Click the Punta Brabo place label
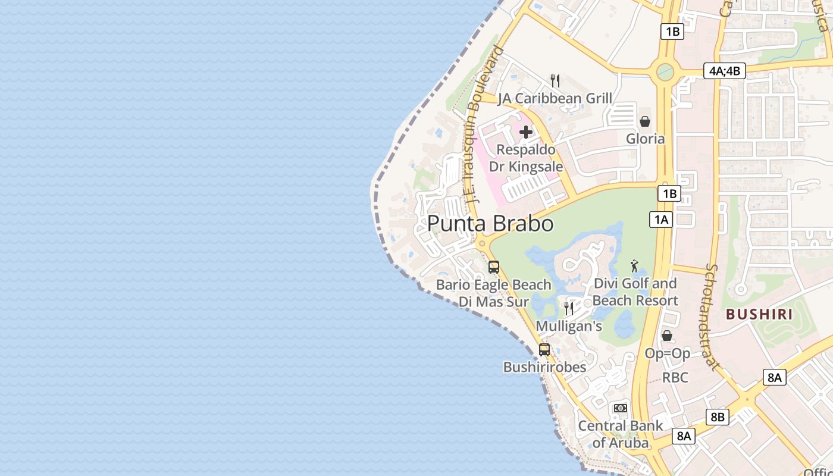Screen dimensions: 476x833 pos(490,224)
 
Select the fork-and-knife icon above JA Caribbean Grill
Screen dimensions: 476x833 pos(555,81)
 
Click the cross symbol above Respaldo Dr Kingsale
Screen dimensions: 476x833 pos(526,131)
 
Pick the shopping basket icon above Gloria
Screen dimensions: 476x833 pos(645,121)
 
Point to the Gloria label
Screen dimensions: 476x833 pos(645,139)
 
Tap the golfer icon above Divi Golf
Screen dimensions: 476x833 pos(635,265)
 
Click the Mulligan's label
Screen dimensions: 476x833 pos(569,326)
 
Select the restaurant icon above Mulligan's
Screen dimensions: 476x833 pos(569,308)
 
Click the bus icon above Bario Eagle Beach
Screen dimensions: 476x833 pos(494,267)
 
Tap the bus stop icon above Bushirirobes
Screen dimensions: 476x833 pos(544,350)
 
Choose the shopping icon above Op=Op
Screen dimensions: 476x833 pos(667,336)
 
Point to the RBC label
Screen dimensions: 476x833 pos(675,377)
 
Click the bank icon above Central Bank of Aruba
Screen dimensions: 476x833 pos(621,408)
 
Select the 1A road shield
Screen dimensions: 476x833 pos(660,220)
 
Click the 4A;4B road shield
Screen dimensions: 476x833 pos(724,70)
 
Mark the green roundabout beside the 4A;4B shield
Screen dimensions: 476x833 pos(665,73)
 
